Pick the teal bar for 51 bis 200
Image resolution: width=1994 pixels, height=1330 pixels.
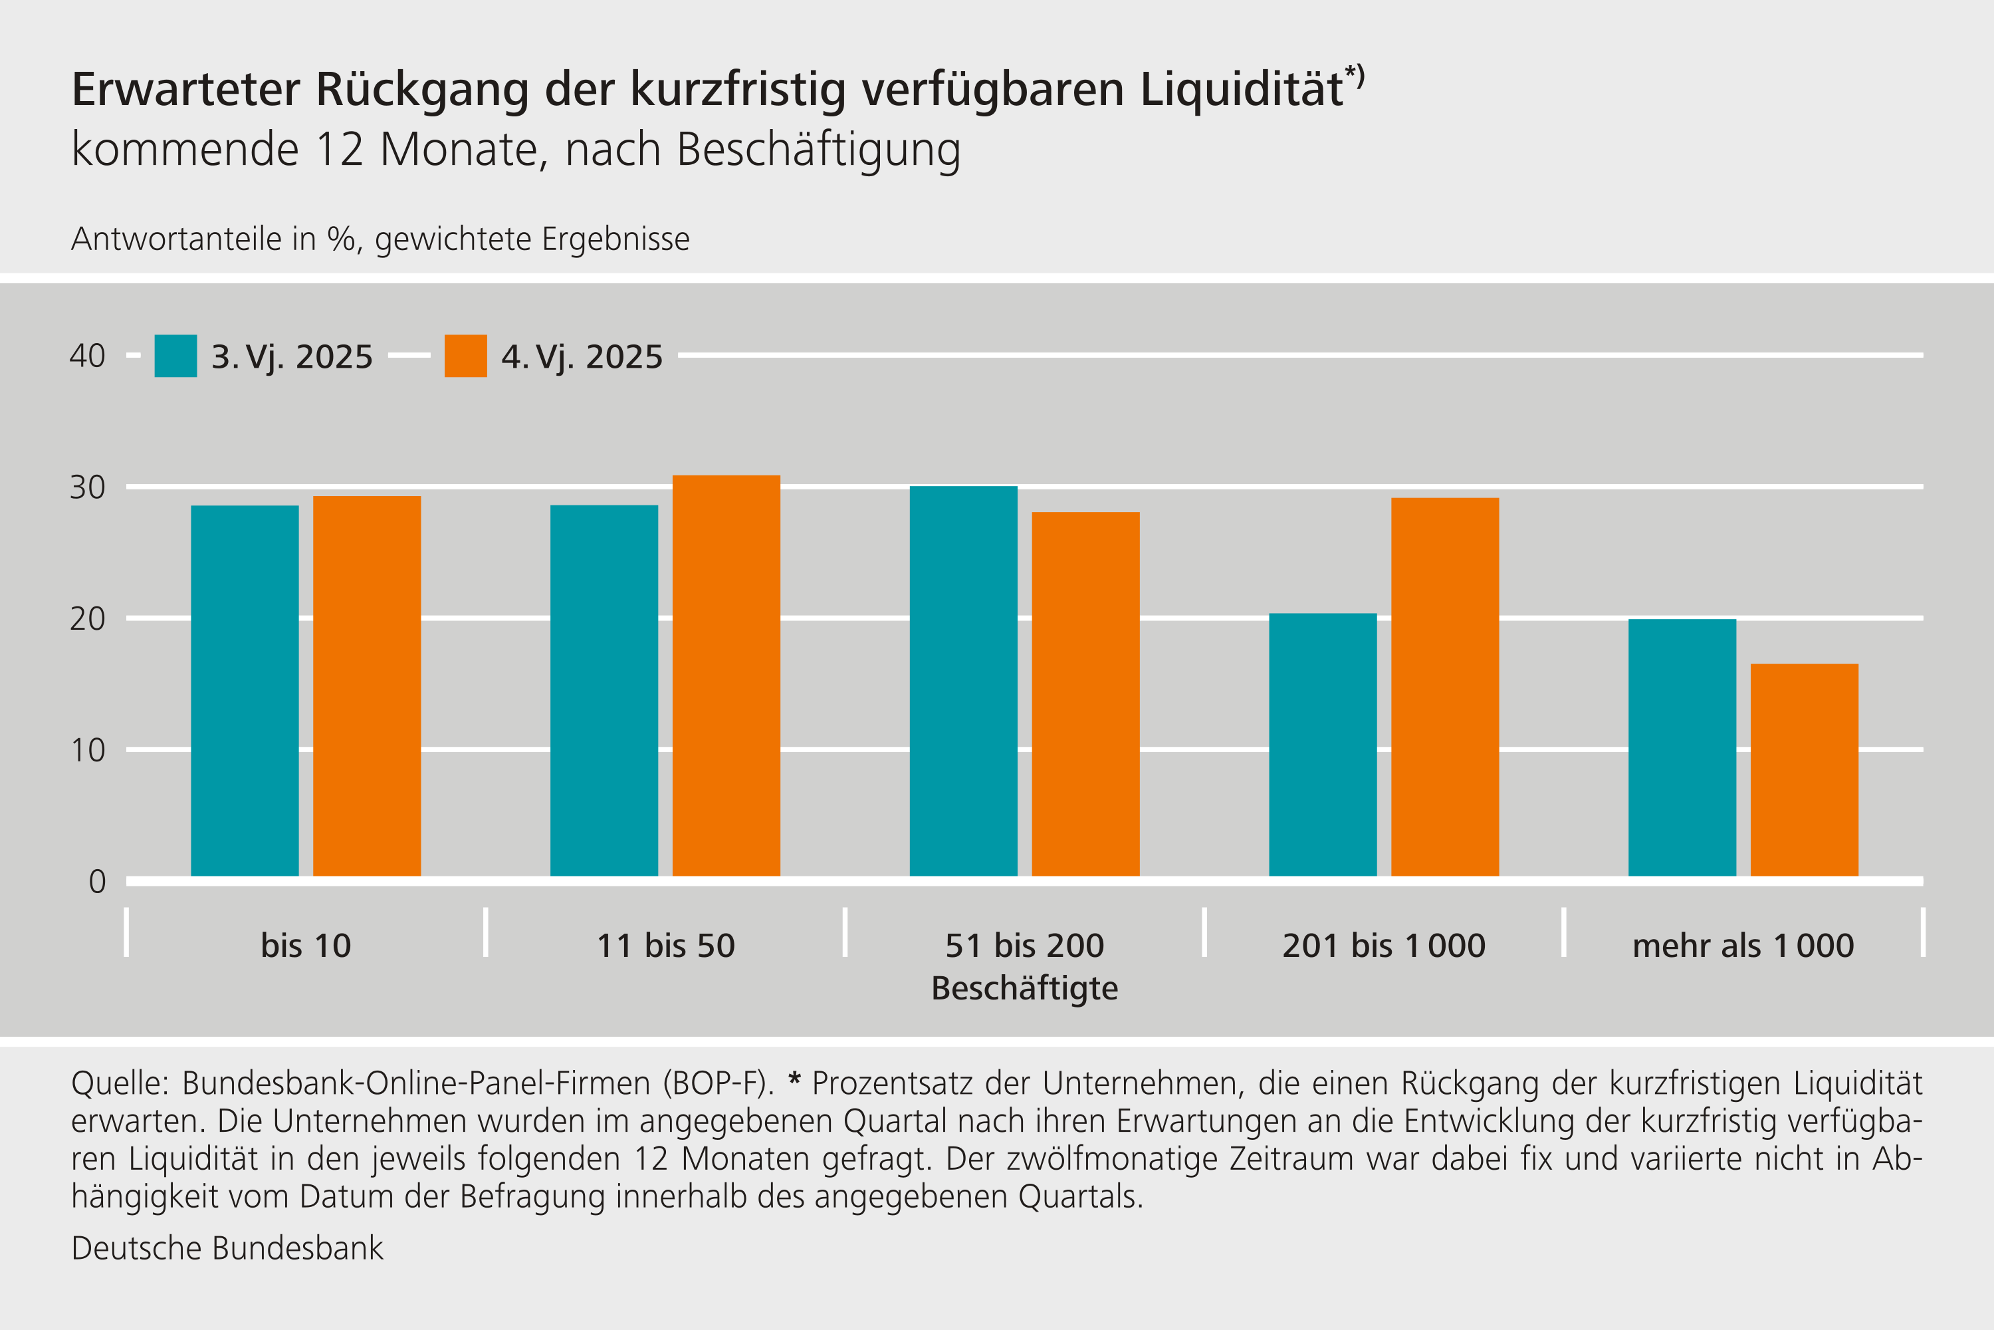pyautogui.click(x=963, y=680)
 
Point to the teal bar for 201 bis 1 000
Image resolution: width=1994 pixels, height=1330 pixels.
pyautogui.click(x=1323, y=744)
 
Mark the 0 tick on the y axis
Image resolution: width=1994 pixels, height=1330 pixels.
pyautogui.click(x=96, y=881)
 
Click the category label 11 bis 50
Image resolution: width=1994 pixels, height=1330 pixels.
pyautogui.click(x=665, y=945)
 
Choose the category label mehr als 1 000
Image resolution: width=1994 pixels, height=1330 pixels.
pyautogui.click(x=1743, y=945)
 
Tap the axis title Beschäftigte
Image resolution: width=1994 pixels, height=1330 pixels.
pyautogui.click(x=1024, y=988)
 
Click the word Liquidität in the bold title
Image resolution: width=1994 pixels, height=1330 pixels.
pyautogui.click(x=1241, y=90)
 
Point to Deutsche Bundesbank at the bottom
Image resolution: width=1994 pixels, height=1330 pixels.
pyautogui.click(x=227, y=1248)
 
